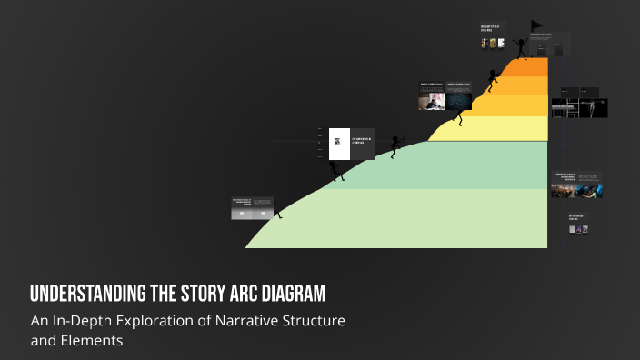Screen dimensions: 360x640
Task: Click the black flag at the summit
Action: point(535,26)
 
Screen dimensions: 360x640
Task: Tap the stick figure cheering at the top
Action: point(522,47)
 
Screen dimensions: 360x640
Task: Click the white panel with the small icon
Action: point(338,143)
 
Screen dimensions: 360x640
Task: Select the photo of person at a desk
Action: point(431,100)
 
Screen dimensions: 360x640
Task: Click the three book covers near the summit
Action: point(490,43)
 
